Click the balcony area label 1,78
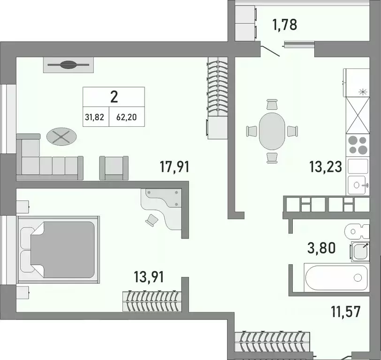(285, 24)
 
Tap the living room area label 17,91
(173, 167)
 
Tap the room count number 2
(114, 97)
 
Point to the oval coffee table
(61, 137)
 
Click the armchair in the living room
(114, 168)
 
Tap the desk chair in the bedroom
(152, 219)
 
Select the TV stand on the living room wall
(69, 65)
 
